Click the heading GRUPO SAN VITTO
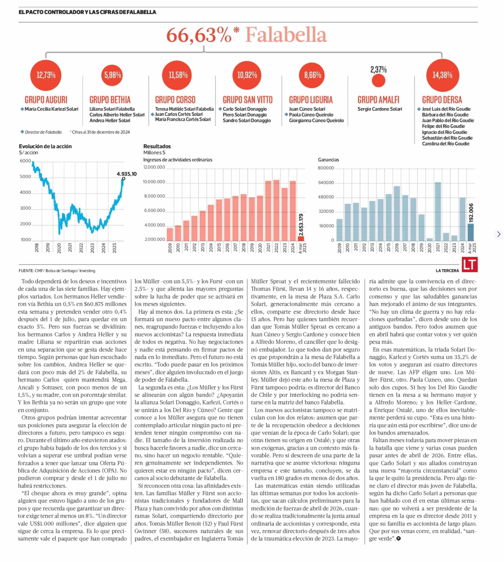click(x=248, y=100)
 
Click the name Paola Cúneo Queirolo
click(x=311, y=115)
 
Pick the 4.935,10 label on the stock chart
click(x=127, y=174)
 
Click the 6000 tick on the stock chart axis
click(x=25, y=161)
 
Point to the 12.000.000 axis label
click(x=154, y=167)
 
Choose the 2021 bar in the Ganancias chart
click(x=438, y=211)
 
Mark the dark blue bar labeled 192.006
click(x=470, y=232)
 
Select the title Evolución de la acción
click(x=45, y=146)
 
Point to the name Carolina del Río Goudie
click(x=446, y=144)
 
